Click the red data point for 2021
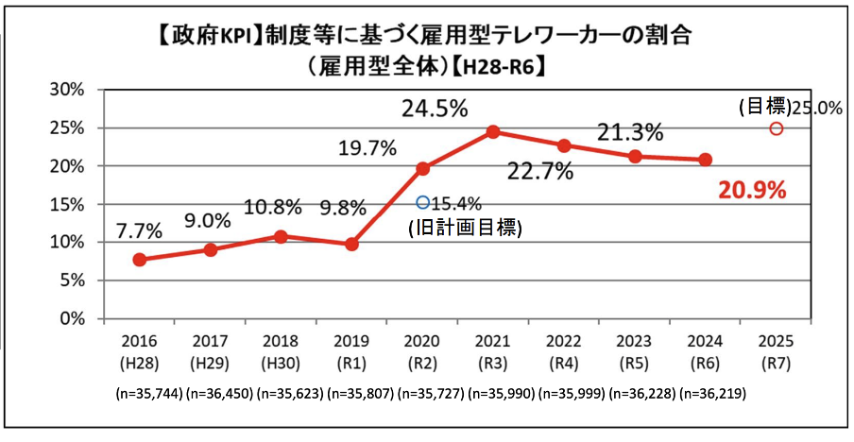(x=493, y=131)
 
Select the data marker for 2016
(x=140, y=260)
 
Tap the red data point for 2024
(x=705, y=160)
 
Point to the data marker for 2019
(x=351, y=244)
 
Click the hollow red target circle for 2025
(x=776, y=128)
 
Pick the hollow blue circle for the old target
(x=422, y=201)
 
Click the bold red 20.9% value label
(x=752, y=191)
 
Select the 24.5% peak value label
(x=435, y=109)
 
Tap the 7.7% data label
(x=140, y=231)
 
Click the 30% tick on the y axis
(x=68, y=90)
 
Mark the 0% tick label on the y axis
(x=73, y=319)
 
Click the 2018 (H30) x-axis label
(x=282, y=350)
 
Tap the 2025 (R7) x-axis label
(x=777, y=350)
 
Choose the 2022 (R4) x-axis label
(x=564, y=350)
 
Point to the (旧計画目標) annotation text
(x=464, y=228)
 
